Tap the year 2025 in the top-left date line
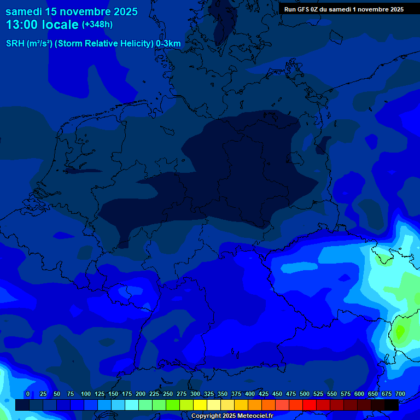[x=125, y=11]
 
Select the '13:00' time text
[x=22, y=25]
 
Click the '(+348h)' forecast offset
[x=97, y=25]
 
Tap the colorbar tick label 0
[x=28, y=394]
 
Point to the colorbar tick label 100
[x=86, y=394]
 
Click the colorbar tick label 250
[x=168, y=394]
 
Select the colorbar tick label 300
[x=195, y=394]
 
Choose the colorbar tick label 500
[x=305, y=394]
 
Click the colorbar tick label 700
[x=400, y=394]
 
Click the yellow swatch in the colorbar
[x=200, y=405]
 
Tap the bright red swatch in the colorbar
[x=310, y=405]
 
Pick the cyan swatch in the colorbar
[x=132, y=405]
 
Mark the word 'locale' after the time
[x=63, y=25]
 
